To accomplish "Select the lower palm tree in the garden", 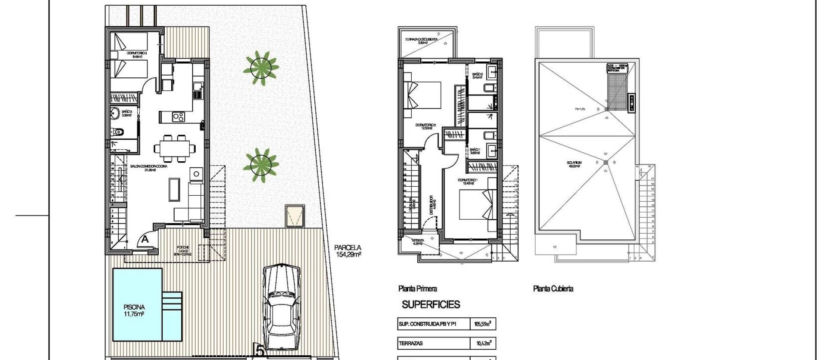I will [261, 166].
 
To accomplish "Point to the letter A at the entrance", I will [145, 239].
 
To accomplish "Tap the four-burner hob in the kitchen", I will [179, 116].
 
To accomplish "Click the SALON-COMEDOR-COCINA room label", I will [149, 166].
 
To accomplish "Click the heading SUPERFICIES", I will [431, 305].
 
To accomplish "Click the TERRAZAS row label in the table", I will [411, 343].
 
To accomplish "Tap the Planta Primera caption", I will [418, 289].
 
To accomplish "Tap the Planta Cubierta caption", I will [553, 289].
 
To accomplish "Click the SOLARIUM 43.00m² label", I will [574, 164].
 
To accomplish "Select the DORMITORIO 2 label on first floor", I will [425, 126].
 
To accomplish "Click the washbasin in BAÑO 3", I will [115, 114].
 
